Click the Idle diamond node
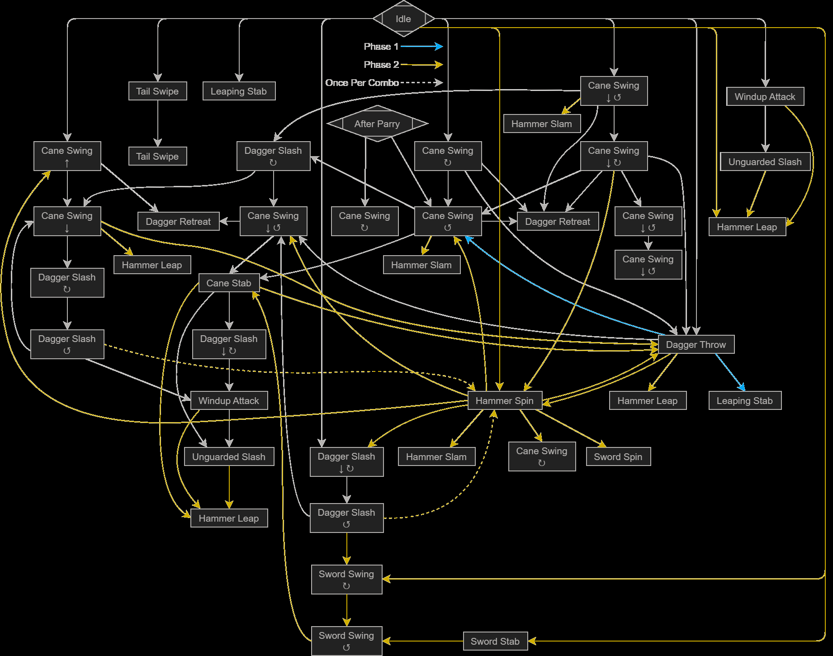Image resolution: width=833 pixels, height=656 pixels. (x=403, y=19)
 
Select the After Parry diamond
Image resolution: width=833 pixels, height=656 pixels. (x=377, y=124)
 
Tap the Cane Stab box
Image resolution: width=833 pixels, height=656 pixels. (x=229, y=283)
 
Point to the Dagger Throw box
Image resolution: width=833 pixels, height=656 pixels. (x=696, y=344)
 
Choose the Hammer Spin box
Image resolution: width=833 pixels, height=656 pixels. (x=505, y=400)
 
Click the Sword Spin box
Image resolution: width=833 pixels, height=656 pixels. (x=618, y=456)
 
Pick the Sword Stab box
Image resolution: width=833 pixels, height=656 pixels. (x=495, y=641)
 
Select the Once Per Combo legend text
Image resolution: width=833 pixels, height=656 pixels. (x=362, y=83)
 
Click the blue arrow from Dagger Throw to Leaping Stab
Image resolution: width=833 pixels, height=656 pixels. (x=729, y=371)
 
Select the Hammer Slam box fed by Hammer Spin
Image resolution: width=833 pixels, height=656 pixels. (x=436, y=456)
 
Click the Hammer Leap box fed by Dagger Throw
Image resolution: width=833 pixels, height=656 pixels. (x=648, y=400)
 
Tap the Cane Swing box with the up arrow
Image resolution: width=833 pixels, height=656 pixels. (x=67, y=156)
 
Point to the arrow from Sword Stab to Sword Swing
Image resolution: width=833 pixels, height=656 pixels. (x=423, y=641)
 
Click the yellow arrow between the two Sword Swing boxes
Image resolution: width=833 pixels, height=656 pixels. (x=347, y=610)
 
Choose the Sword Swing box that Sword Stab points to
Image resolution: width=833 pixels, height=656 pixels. (x=346, y=641)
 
